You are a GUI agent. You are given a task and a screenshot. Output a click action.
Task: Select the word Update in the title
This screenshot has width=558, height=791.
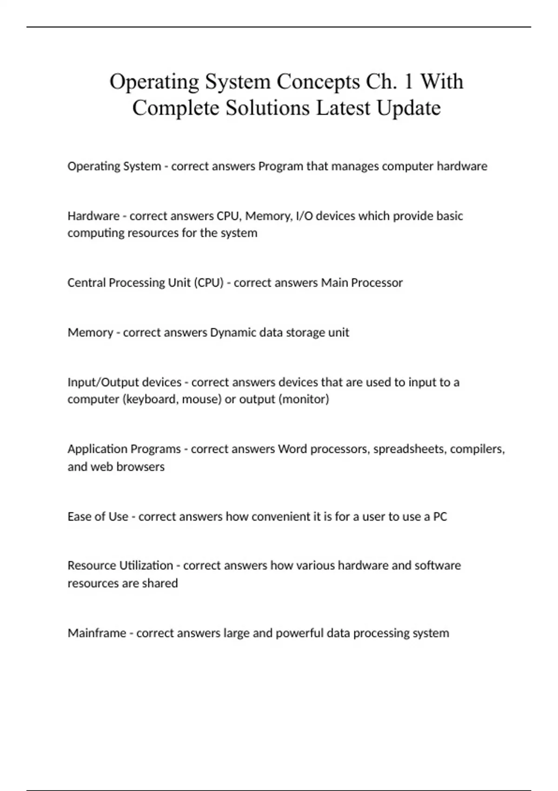[x=409, y=108]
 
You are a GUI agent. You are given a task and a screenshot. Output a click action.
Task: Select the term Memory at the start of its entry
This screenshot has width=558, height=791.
[x=90, y=333]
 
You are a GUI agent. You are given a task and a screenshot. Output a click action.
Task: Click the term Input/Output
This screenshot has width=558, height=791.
[x=100, y=382]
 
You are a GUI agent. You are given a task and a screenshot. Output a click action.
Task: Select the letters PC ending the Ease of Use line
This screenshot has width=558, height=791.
[x=440, y=516]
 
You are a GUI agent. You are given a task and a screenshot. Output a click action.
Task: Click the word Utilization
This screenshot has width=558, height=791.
[x=146, y=565]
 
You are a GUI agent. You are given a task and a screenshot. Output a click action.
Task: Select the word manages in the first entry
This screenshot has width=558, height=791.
[x=355, y=166]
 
